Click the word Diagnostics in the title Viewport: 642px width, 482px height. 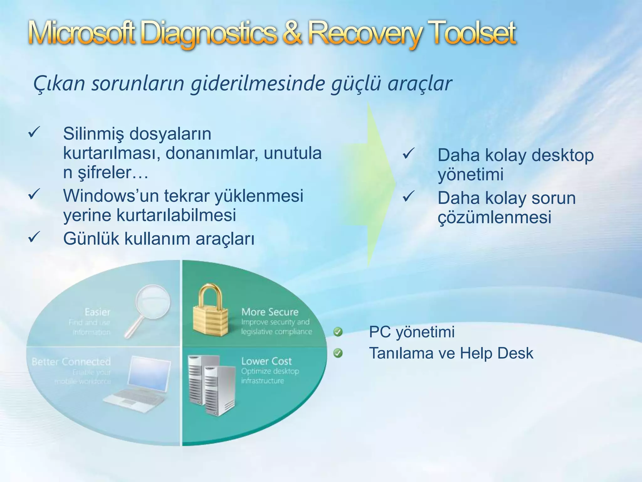pyautogui.click(x=210, y=34)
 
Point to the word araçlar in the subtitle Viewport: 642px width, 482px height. pyautogui.click(x=420, y=84)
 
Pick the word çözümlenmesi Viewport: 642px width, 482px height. pyautogui.click(x=494, y=217)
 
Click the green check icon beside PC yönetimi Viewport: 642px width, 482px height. pyautogui.click(x=338, y=332)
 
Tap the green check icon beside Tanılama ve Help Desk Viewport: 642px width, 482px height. pyautogui.click(x=338, y=353)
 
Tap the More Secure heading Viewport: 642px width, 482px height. pyautogui.click(x=270, y=312)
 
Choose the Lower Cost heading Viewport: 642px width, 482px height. pyautogui.click(x=266, y=361)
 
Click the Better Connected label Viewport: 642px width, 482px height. pyautogui.click(x=71, y=362)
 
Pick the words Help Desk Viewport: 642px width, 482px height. pyautogui.click(x=497, y=353)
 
